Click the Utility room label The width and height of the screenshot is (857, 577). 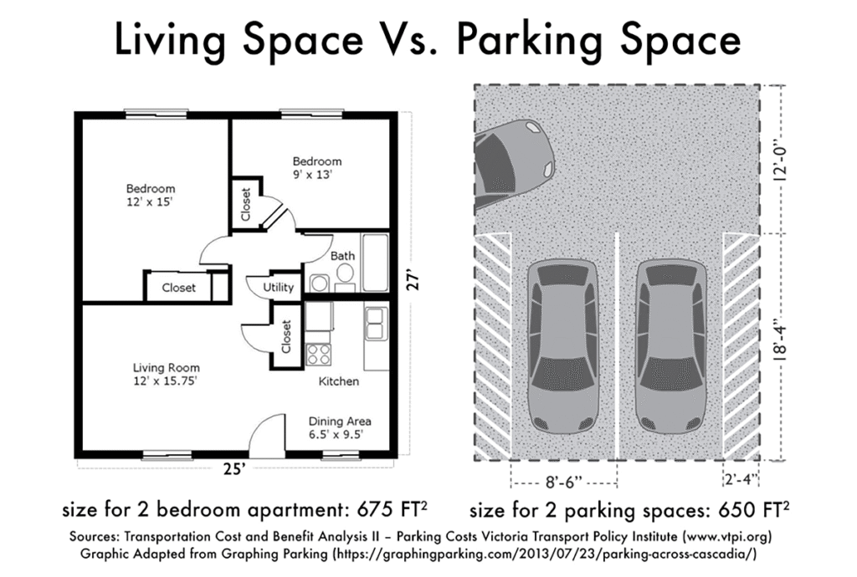[279, 288]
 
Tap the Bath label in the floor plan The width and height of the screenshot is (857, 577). [342, 256]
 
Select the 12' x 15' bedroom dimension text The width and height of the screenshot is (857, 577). [151, 202]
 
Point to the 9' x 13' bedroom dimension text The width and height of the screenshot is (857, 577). [316, 176]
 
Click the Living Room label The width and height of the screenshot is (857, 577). [167, 367]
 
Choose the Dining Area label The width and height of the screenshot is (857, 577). [340, 421]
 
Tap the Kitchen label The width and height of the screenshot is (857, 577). [339, 381]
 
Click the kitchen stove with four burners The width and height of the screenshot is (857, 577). [318, 354]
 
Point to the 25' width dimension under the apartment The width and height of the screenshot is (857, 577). [234, 469]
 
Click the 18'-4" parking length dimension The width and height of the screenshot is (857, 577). [782, 346]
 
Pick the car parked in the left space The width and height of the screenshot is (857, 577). [563, 345]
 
